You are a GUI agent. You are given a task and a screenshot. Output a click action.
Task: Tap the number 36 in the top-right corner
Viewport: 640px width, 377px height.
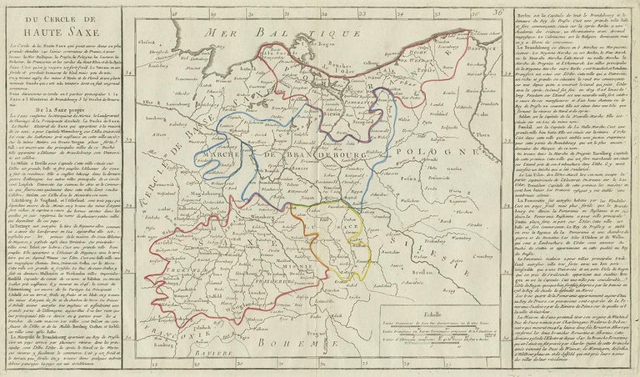(497, 13)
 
